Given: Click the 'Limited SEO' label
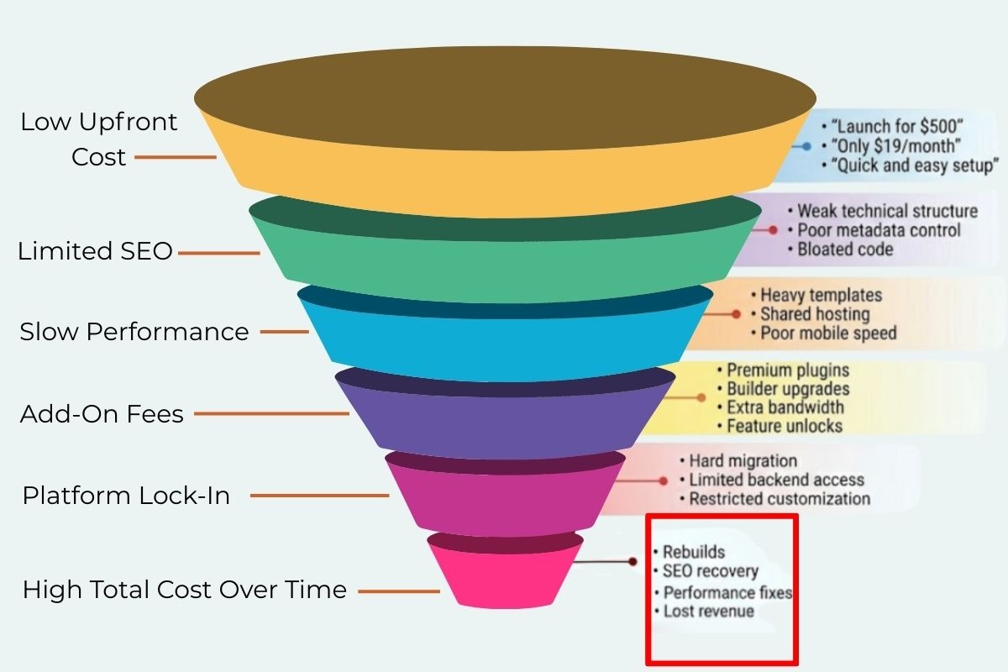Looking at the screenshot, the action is (95, 251).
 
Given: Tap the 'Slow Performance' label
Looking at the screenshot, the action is (134, 332).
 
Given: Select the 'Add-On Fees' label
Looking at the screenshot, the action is (102, 414).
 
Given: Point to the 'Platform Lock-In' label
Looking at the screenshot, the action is (126, 496).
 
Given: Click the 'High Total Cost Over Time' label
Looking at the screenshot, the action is (185, 590).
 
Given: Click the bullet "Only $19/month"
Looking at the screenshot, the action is (895, 145).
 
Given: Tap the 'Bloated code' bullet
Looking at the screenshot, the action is (845, 249).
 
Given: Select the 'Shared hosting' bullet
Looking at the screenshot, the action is (814, 314).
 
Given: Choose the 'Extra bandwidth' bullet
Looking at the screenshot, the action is (785, 407).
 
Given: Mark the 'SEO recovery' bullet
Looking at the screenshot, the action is (710, 572).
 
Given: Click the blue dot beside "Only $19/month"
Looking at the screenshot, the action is (806, 146).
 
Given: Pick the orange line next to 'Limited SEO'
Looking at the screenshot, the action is (219, 252).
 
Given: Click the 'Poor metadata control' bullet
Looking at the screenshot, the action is (879, 230).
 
